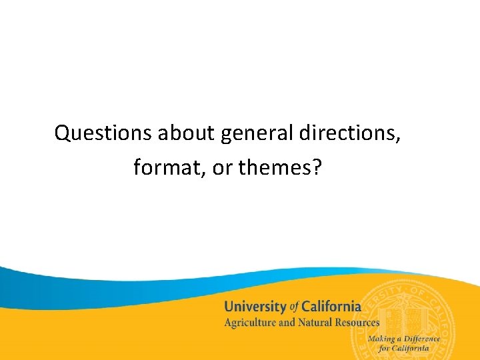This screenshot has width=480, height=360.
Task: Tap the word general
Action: [257, 134]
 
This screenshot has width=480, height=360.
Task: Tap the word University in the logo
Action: [254, 307]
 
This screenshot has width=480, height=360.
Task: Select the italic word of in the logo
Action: [293, 307]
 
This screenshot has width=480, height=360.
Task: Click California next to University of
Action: [331, 307]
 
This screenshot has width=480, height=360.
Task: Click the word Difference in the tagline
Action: [423, 339]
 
